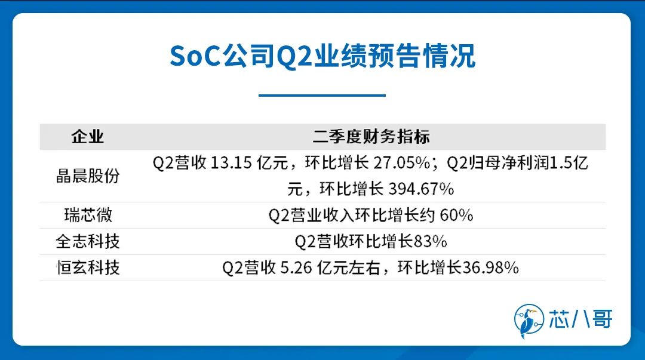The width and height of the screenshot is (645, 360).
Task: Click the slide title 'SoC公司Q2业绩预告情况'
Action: point(322,56)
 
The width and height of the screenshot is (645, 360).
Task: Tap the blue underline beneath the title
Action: point(322,95)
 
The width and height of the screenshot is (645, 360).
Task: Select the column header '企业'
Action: point(87,137)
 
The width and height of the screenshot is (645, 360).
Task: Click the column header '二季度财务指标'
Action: point(371,137)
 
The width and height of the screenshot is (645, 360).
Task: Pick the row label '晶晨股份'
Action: point(88,176)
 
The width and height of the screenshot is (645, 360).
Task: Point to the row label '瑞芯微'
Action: point(88,215)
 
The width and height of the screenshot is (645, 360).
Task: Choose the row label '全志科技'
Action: point(88,242)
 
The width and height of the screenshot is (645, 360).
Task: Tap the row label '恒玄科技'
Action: point(88,268)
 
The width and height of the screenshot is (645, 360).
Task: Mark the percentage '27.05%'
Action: point(401,163)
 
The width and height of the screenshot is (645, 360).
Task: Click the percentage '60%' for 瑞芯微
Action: point(457,215)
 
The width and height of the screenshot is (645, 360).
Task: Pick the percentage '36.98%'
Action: point(490,268)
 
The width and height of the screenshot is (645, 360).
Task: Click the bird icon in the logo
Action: point(528,321)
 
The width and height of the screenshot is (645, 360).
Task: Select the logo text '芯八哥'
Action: point(581,319)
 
